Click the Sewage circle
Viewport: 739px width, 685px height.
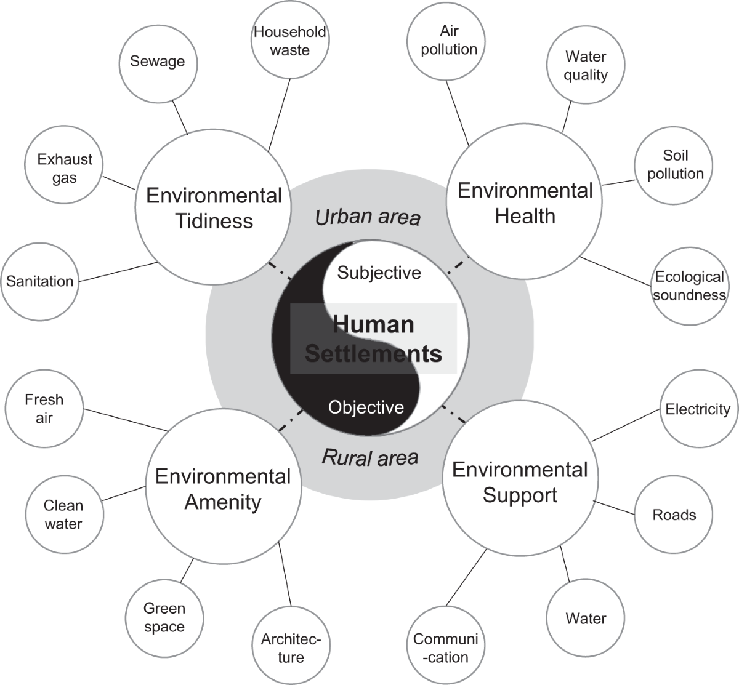pyautogui.click(x=158, y=62)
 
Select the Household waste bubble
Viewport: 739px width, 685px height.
pyautogui.click(x=289, y=41)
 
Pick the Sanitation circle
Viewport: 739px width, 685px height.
pyautogui.click(x=40, y=281)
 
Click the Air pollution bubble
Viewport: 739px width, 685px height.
pyautogui.click(x=449, y=41)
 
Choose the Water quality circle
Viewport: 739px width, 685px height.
pyautogui.click(x=586, y=66)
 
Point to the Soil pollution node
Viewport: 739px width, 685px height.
pyautogui.click(x=675, y=164)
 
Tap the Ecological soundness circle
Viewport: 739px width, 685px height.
pyautogui.click(x=689, y=286)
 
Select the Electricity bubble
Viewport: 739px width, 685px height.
pyautogui.click(x=698, y=409)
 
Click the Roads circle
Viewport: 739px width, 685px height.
pyautogui.click(x=674, y=515)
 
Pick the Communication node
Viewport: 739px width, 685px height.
pyautogui.click(x=445, y=647)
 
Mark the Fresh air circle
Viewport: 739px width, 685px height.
pyautogui.click(x=44, y=409)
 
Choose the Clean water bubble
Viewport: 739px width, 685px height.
pyautogui.click(x=63, y=515)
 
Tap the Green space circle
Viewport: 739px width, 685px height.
pyautogui.click(x=164, y=617)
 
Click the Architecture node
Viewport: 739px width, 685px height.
pyautogui.click(x=291, y=647)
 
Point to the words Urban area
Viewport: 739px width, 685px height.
pyautogui.click(x=368, y=217)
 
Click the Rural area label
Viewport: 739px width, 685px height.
pyautogui.click(x=370, y=457)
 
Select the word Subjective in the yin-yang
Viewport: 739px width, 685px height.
pyautogui.click(x=379, y=273)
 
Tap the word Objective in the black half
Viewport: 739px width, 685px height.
pyautogui.click(x=366, y=407)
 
